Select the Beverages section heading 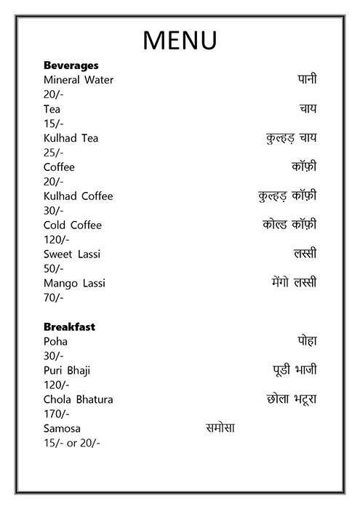(x=71, y=65)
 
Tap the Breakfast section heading (x=70, y=327)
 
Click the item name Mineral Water (x=79, y=80)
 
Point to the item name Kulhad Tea (x=71, y=138)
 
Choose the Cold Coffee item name (x=73, y=225)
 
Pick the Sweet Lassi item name (x=72, y=254)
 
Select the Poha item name (x=55, y=342)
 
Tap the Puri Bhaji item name (x=67, y=371)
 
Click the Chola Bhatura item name (x=79, y=400)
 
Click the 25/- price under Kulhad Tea (x=54, y=153)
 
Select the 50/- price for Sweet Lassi (x=54, y=269)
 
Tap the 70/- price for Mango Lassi (x=54, y=297)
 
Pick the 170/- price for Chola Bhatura (x=57, y=414)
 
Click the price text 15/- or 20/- (x=72, y=443)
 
